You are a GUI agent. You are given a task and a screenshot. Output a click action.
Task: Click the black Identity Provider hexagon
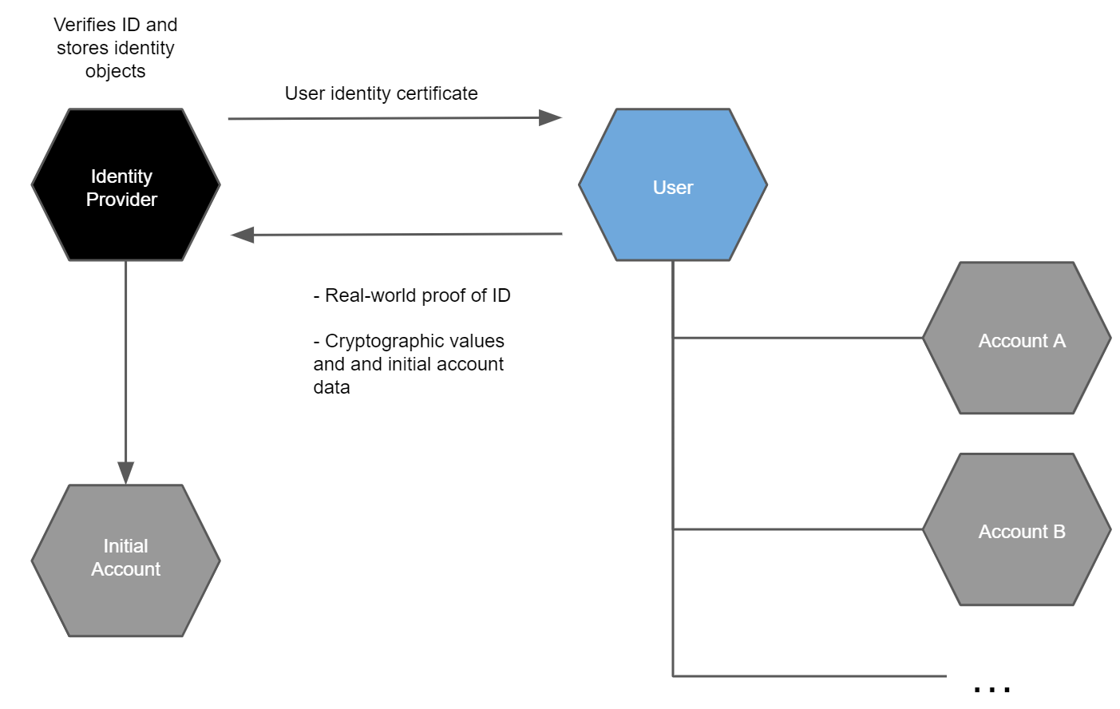[x=125, y=185]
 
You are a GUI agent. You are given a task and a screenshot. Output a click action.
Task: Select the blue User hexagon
[x=673, y=185]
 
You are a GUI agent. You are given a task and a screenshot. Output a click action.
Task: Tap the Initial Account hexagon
[x=125, y=560]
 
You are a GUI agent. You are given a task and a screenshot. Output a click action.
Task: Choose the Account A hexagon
[x=1016, y=339]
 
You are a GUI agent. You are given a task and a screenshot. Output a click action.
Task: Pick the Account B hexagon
[x=1016, y=530]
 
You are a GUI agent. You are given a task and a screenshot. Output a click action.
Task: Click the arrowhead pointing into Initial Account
[x=125, y=472]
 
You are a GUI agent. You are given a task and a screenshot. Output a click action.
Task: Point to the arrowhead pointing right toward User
[x=550, y=118]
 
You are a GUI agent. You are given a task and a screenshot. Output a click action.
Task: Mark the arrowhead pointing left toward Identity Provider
[x=243, y=235]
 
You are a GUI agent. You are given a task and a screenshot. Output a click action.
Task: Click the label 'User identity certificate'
[x=381, y=93]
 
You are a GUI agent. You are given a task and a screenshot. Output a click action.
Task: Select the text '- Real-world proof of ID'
[x=412, y=295]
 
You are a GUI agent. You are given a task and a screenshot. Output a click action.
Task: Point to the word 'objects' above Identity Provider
[x=115, y=71]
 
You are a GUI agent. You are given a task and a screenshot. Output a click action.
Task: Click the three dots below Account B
[x=992, y=687]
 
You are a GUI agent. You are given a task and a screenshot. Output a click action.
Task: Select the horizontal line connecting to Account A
[x=798, y=338]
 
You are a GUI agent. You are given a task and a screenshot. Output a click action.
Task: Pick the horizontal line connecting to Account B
[x=798, y=529]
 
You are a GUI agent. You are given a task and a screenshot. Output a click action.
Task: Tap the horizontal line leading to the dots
[x=806, y=676]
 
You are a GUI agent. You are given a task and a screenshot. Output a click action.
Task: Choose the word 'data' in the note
[x=331, y=387]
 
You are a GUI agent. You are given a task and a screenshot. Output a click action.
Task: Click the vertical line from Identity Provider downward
[x=125, y=359]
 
